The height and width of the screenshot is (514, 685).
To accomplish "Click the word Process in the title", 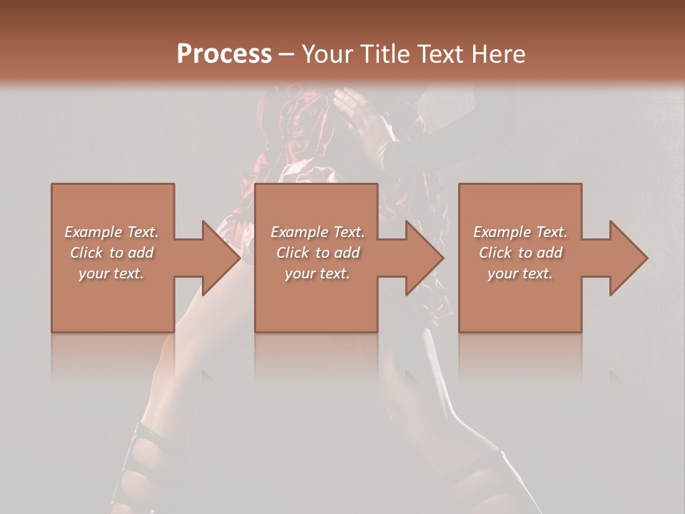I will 224,54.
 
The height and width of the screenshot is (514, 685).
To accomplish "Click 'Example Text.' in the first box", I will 112,232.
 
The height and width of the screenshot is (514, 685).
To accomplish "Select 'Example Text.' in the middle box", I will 318,232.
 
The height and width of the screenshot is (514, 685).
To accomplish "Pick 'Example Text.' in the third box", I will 520,232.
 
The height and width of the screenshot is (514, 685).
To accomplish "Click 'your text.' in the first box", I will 111,273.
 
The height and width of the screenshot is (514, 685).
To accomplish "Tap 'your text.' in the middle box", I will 317,273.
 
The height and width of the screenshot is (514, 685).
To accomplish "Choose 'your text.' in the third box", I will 519,273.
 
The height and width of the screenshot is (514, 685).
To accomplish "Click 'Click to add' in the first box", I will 112,253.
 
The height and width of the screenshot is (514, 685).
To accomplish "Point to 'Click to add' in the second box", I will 318,253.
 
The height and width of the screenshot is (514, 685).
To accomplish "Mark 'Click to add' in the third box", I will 520,253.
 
